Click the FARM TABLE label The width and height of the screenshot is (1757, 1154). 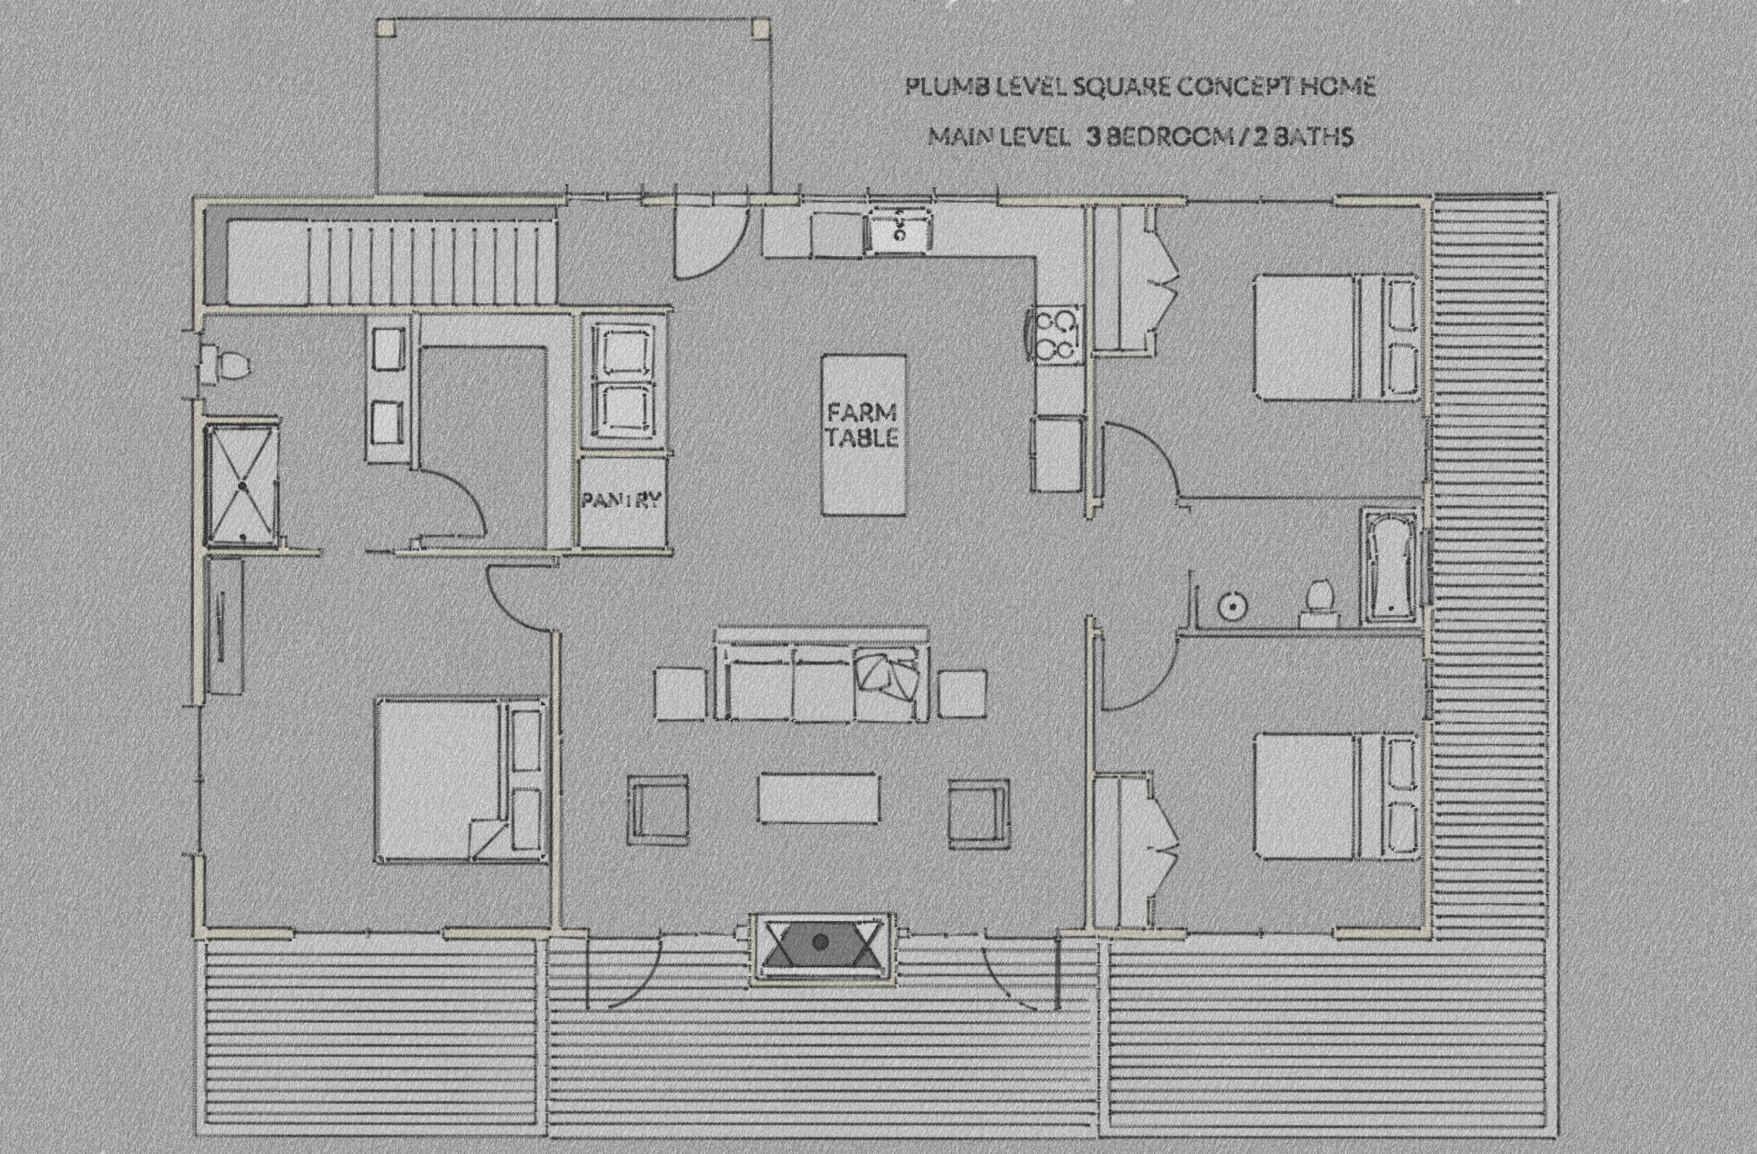tap(862, 424)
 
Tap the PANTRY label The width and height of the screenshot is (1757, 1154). tap(621, 500)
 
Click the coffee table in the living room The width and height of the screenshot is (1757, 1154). tap(819, 798)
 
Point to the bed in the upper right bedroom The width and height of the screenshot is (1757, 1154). tap(1336, 337)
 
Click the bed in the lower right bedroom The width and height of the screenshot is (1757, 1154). tap(1336, 795)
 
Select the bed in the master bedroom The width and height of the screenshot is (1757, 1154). tap(460, 779)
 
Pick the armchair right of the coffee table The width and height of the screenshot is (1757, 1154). tap(979, 809)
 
